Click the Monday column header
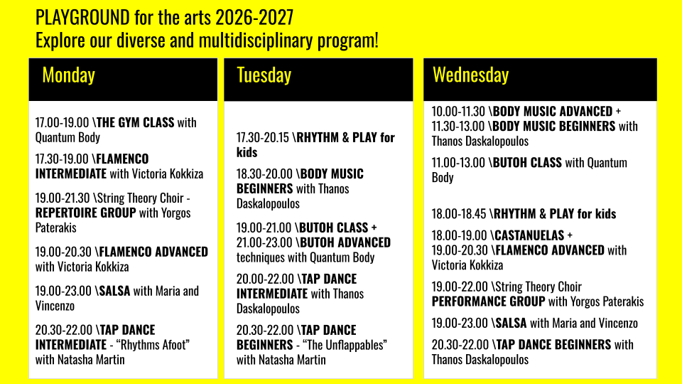pyautogui.click(x=69, y=75)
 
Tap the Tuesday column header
pyautogui.click(x=264, y=75)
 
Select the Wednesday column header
pyautogui.click(x=470, y=75)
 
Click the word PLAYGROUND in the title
pyautogui.click(x=82, y=18)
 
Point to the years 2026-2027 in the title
pyautogui.click(x=255, y=18)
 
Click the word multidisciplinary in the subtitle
pyautogui.click(x=256, y=41)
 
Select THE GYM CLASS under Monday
pyautogui.click(x=135, y=122)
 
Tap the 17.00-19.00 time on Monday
pyautogui.click(x=63, y=122)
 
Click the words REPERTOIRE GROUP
pyautogui.click(x=86, y=213)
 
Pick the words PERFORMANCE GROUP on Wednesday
pyautogui.click(x=489, y=302)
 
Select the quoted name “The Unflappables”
pyautogui.click(x=345, y=345)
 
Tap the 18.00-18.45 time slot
pyautogui.click(x=459, y=214)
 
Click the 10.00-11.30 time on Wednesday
pyautogui.click(x=458, y=112)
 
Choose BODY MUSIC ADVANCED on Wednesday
pyautogui.click(x=553, y=112)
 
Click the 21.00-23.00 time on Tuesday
pyautogui.click(x=264, y=242)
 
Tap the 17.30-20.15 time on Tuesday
pyautogui.click(x=263, y=137)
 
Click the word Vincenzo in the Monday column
pyautogui.click(x=55, y=306)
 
